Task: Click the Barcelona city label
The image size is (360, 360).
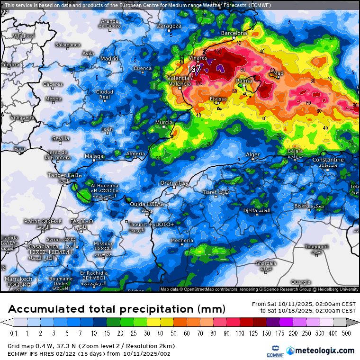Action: pos(234,33)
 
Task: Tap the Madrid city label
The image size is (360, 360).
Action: pos(109,59)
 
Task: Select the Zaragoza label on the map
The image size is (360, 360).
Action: pos(169,26)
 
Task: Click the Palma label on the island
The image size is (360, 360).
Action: pos(244,81)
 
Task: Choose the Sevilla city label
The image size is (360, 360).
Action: pos(61,138)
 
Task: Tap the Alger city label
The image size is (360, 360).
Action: pos(253,155)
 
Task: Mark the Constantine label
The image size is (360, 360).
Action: pos(328,160)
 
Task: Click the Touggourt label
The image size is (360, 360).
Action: pos(316,247)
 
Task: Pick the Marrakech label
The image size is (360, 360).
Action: pos(18,279)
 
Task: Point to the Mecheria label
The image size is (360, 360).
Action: pos(182,241)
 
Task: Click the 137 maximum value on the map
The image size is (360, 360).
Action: pos(195,69)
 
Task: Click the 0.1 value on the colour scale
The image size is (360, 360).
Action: pos(14,333)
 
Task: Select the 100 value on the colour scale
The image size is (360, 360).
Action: pos(242,333)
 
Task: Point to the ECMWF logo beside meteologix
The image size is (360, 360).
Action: pos(272,351)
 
